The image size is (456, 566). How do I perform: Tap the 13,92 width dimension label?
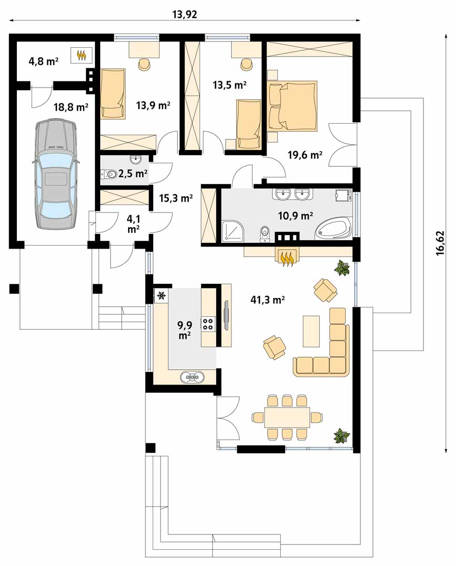(x=185, y=15)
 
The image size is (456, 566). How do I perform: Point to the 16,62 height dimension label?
(x=440, y=243)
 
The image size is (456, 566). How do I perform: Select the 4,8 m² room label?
(x=44, y=61)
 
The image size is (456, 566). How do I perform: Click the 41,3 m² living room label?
(x=268, y=299)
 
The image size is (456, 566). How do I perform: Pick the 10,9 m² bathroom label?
(x=295, y=216)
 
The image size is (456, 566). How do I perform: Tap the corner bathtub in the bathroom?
(x=334, y=228)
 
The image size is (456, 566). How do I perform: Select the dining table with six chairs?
(x=287, y=417)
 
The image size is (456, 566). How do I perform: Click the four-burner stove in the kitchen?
(x=208, y=323)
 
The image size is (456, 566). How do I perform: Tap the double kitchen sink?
(x=192, y=377)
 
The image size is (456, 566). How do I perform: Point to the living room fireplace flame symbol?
(x=288, y=258)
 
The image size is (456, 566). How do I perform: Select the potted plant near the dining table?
(x=341, y=436)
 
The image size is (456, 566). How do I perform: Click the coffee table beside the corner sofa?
(x=311, y=331)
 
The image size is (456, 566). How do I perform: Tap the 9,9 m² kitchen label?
(x=185, y=330)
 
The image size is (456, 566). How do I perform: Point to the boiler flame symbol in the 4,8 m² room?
(x=82, y=55)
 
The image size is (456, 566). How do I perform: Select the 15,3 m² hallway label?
(x=176, y=198)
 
